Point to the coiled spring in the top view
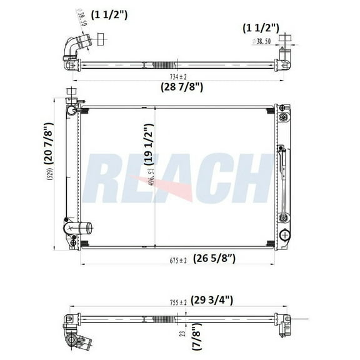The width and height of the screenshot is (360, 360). tap(163, 63)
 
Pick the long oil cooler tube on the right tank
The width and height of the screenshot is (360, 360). tap(282, 181)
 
